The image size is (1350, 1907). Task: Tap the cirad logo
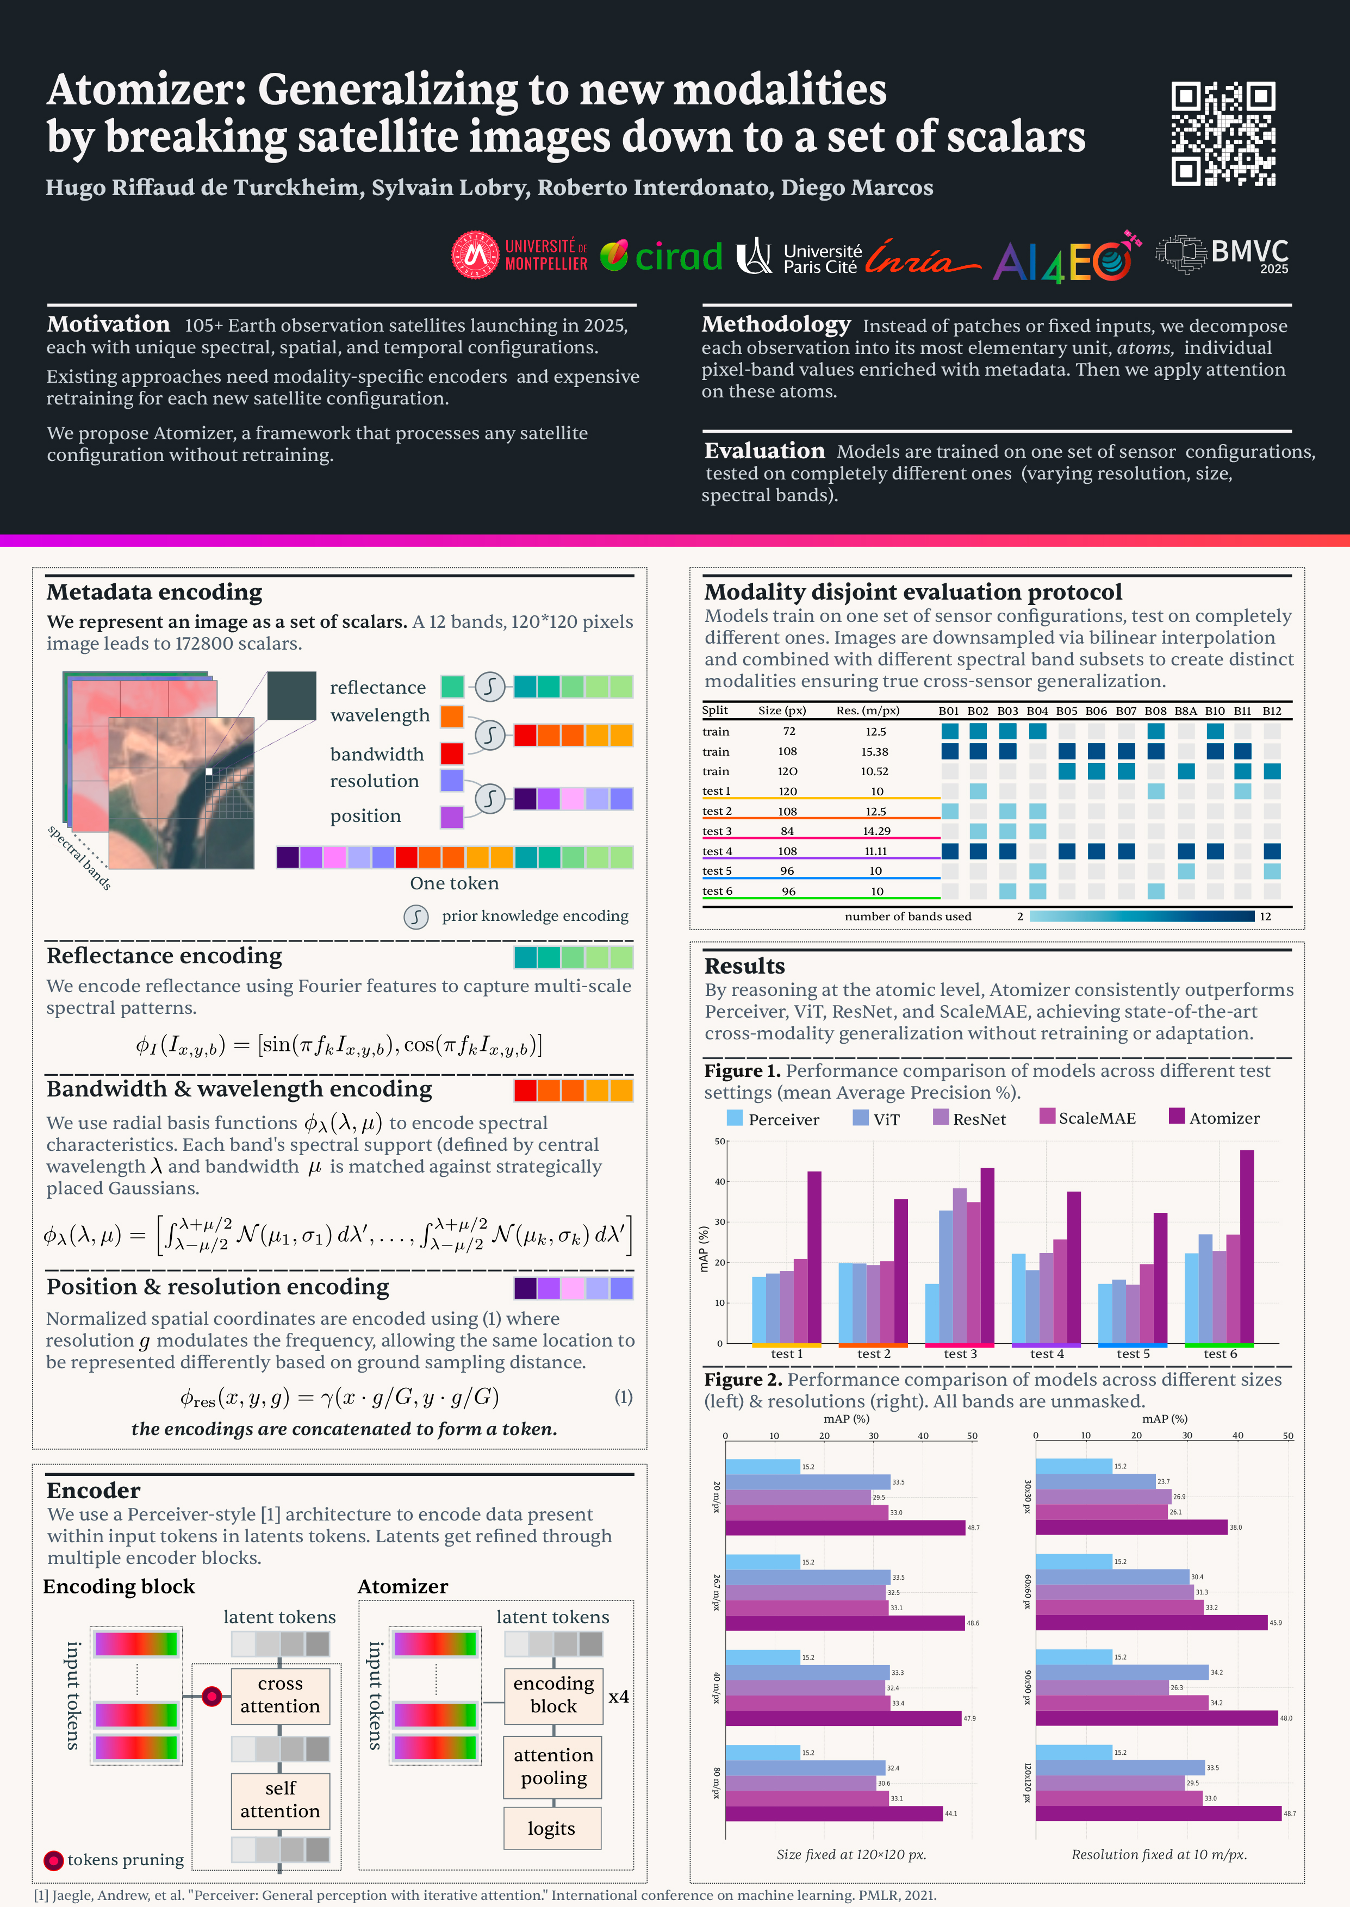(662, 256)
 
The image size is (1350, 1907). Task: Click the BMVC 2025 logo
(1223, 254)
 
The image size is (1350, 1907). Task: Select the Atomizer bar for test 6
(1246, 1247)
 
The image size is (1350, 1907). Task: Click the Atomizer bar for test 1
(814, 1256)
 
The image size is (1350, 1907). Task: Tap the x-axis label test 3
(960, 1354)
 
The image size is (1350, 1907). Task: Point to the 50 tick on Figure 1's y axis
(720, 1141)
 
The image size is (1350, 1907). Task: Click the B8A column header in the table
(1185, 711)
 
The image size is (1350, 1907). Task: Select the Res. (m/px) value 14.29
(875, 831)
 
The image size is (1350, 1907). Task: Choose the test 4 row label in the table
(717, 851)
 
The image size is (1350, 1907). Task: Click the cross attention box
(280, 1694)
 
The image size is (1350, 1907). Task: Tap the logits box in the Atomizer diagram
(552, 1828)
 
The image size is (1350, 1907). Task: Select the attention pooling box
(553, 1767)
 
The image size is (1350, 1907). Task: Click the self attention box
(280, 1800)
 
